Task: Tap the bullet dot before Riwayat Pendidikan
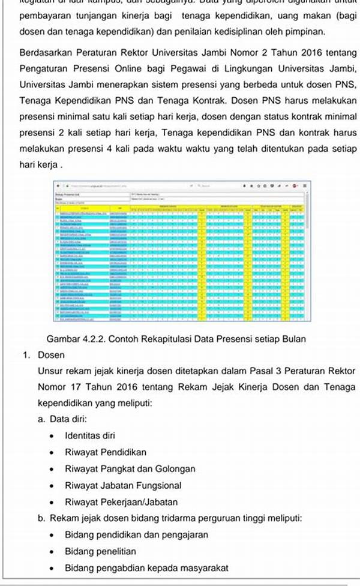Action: (x=53, y=452)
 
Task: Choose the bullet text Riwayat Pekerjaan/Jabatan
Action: (x=121, y=502)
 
